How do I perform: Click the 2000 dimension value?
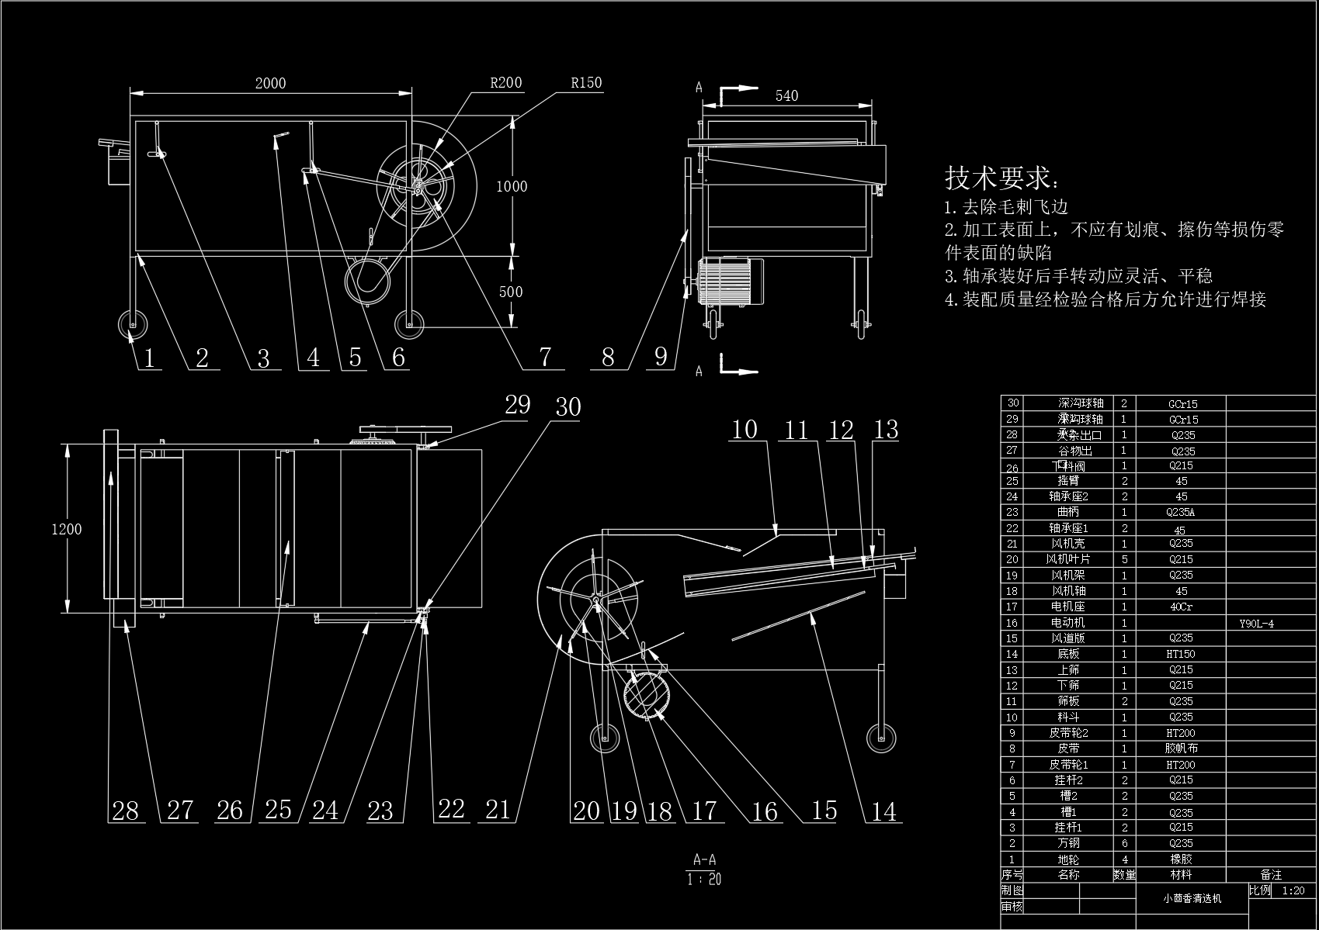pos(270,83)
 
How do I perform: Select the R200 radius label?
pos(505,83)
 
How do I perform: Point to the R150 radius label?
pos(586,83)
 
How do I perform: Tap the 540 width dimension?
pos(786,95)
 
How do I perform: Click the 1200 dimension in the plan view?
pos(66,529)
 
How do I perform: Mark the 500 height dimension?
pos(510,292)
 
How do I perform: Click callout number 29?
pos(517,404)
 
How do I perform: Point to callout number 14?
pos(884,811)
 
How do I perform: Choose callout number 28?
pos(125,811)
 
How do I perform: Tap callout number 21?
pos(498,810)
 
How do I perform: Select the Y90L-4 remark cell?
pos(1256,623)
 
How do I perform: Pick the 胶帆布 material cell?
pos(1181,748)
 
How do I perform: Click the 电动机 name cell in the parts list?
pos(1068,623)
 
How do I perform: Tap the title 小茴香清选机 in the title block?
pos(1192,898)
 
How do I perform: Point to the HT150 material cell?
pos(1181,654)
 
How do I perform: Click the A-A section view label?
pos(704,859)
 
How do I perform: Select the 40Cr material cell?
pos(1181,607)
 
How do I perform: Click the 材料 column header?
pos(1181,875)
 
